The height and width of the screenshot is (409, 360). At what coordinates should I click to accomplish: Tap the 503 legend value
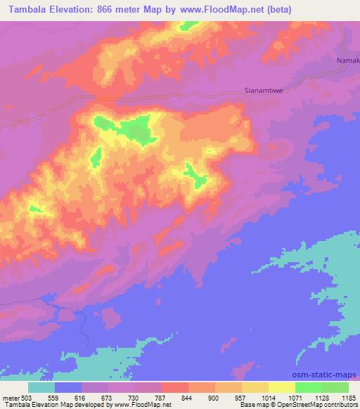25,397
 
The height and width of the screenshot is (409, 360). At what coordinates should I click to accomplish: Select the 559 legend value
56,397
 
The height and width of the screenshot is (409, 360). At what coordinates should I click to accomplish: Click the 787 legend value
162,397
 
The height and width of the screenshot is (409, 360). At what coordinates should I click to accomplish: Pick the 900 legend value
215,397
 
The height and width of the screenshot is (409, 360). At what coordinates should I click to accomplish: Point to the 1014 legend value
269,397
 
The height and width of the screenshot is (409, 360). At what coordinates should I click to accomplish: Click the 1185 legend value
347,397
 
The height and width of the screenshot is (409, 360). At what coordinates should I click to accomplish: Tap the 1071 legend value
295,397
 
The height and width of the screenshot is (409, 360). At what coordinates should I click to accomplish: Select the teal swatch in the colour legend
41,387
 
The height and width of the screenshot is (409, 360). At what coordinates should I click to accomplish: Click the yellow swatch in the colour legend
281,387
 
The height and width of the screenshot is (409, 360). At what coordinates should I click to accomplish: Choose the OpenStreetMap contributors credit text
313,405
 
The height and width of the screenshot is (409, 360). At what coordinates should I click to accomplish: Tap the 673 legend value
109,397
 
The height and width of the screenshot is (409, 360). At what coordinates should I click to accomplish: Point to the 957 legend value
242,397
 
